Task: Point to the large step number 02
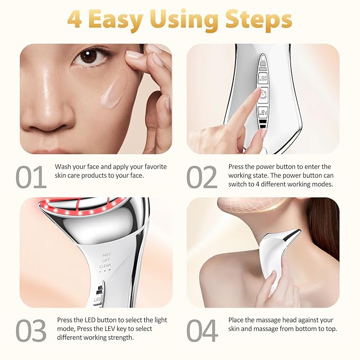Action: click(201, 177)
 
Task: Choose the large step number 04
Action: click(202, 330)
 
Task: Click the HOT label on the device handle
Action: click(107, 255)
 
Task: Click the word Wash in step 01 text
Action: click(64, 167)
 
